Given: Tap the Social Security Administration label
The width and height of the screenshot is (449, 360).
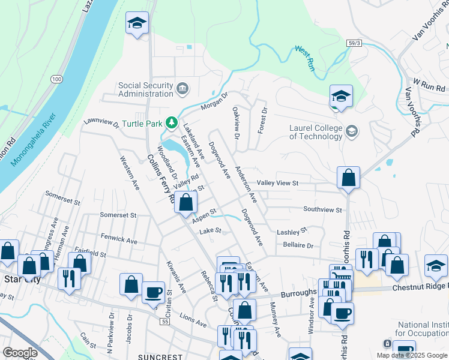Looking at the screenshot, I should (x=146, y=89).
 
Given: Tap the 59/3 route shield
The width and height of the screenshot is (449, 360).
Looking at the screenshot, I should (x=355, y=43).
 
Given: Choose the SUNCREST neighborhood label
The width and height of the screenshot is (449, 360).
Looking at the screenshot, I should (x=159, y=356).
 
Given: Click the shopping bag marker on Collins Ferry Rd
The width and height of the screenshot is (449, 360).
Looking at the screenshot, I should (x=186, y=203).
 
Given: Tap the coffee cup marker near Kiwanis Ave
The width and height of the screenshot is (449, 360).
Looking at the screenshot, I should (x=153, y=292).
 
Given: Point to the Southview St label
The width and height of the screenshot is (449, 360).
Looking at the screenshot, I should (x=322, y=210).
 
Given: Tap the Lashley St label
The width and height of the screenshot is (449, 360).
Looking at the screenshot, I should (x=292, y=230).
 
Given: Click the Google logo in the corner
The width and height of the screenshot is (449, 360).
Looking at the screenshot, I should (x=20, y=353).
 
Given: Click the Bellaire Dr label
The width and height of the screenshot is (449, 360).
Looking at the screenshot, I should (x=298, y=245).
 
